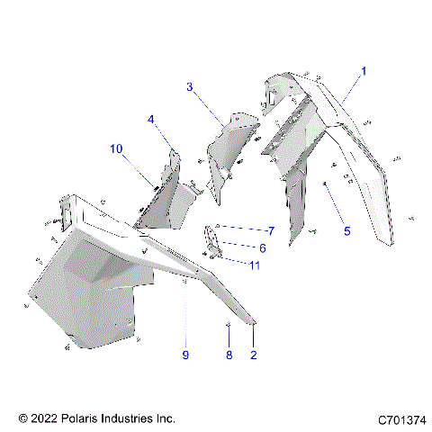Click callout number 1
(364, 70)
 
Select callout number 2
(254, 355)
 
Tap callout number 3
(190, 87)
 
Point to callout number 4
(152, 119)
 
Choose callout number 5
(346, 230)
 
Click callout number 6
(263, 248)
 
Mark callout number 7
(269, 231)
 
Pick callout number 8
(229, 355)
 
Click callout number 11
(255, 265)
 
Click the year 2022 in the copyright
(43, 419)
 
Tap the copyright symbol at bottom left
(22, 419)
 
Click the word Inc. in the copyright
(166, 419)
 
